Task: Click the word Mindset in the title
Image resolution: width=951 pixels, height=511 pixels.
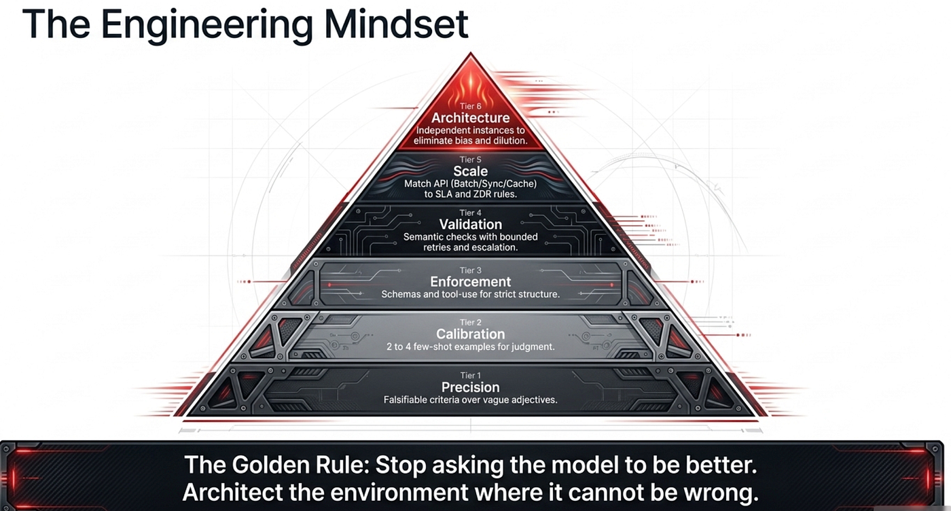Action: point(396,24)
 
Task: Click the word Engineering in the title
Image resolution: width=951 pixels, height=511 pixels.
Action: point(207,27)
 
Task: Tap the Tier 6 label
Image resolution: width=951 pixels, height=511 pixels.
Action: point(470,106)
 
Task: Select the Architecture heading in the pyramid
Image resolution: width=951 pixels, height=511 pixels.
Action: point(470,118)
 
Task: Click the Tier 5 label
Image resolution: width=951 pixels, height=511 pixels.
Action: point(470,160)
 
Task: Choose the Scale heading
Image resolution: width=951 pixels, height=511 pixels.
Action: point(470,171)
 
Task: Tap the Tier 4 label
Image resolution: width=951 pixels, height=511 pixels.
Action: point(470,213)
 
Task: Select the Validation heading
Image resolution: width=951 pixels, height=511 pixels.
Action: point(470,224)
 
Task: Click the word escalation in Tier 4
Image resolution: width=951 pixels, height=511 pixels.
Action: point(494,247)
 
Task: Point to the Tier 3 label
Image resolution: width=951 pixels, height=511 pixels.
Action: point(470,270)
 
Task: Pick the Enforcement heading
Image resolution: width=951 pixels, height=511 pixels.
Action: point(470,281)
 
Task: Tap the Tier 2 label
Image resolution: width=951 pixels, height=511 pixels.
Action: point(470,322)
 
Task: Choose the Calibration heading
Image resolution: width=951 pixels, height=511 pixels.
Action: point(470,334)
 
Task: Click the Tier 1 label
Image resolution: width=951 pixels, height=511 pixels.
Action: point(470,376)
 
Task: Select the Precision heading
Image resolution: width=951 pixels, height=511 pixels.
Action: point(470,387)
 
